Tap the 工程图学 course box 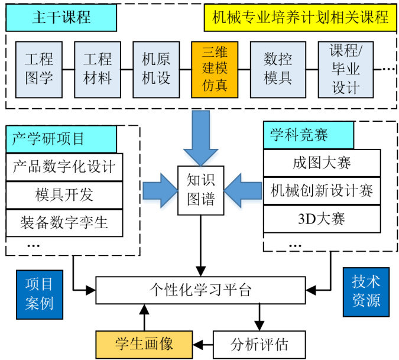coord(39,69)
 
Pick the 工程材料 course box coord(98,69)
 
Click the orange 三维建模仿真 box coord(215,69)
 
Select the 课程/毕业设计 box coord(346,69)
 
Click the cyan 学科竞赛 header coord(308,135)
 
